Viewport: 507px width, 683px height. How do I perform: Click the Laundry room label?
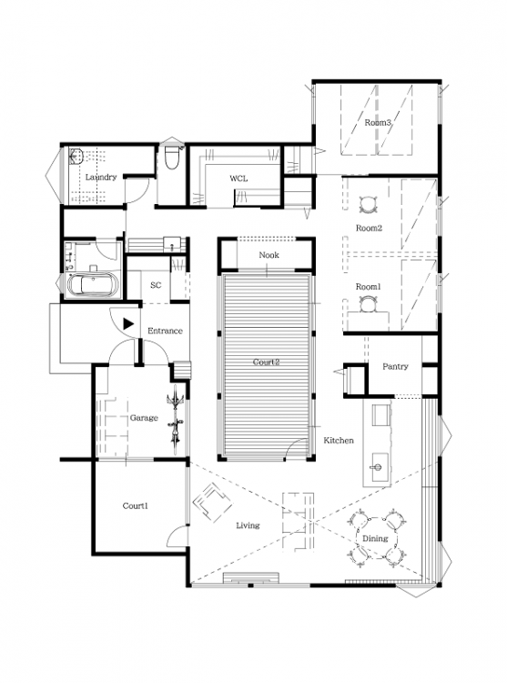coord(101,178)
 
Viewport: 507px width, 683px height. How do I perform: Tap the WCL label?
coord(238,178)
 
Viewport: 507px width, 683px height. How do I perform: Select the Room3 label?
coord(378,123)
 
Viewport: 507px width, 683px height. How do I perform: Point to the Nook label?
coord(269,255)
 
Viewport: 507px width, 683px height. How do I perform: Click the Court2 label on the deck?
coord(266,362)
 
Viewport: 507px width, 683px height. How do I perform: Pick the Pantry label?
coord(395,366)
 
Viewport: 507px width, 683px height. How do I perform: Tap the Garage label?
coord(144,418)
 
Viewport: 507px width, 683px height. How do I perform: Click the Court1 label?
coord(136,505)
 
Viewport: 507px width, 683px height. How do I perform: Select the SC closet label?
coord(156,285)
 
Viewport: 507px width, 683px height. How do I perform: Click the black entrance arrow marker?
coord(128,323)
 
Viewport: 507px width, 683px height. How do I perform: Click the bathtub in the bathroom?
coord(94,285)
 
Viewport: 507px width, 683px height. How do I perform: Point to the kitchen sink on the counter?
coord(378,466)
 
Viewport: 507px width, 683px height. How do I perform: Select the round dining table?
coord(377,539)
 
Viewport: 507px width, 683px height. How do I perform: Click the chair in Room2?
coord(368,204)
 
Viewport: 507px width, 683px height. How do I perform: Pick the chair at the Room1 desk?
coord(368,303)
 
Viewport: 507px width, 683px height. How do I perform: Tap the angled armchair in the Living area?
coord(212,502)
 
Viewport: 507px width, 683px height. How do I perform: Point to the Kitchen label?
coord(339,441)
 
